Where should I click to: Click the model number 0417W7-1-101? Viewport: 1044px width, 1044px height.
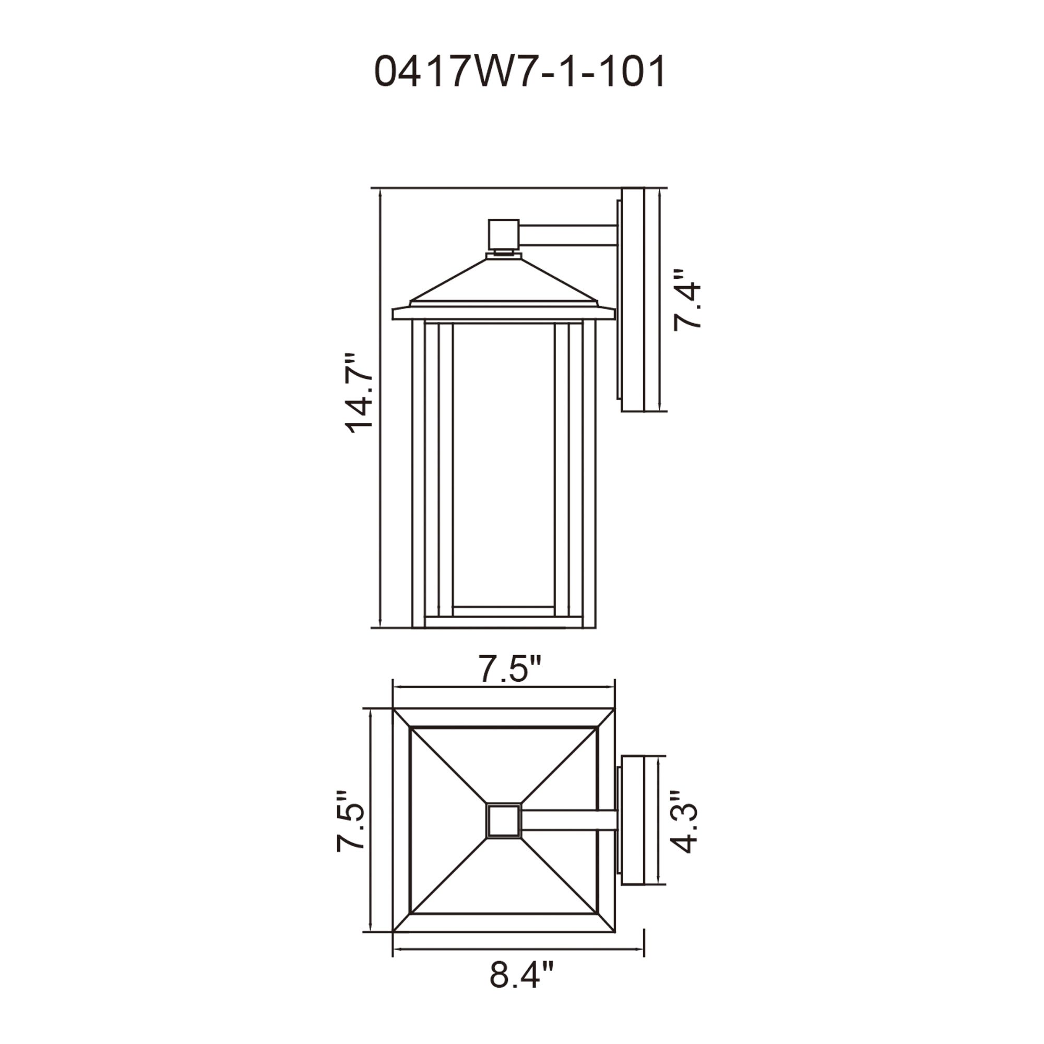point(519,73)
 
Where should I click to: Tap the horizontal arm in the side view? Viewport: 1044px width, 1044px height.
point(567,236)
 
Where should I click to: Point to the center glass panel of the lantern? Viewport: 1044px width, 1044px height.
point(503,465)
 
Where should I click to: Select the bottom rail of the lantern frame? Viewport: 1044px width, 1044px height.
point(503,622)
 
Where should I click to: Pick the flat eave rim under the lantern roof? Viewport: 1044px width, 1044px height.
point(503,314)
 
